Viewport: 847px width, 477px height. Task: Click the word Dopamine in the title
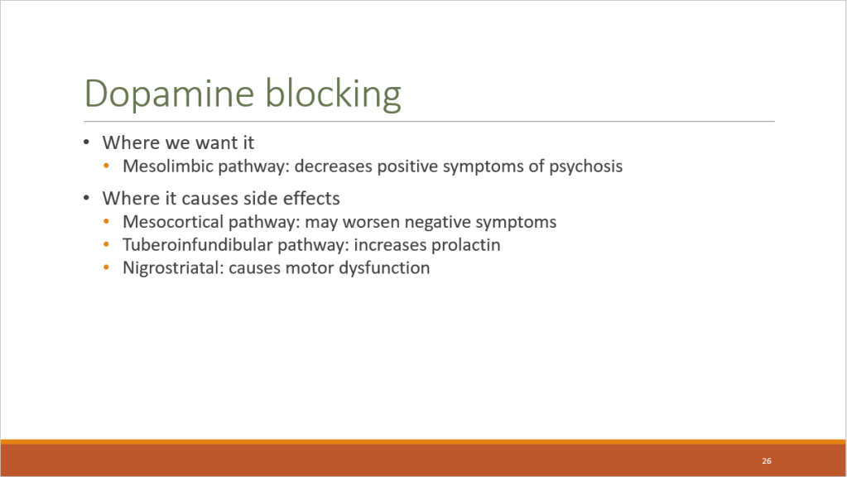coord(169,94)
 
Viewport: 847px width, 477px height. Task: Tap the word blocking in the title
coord(334,94)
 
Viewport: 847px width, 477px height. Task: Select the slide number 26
coord(767,460)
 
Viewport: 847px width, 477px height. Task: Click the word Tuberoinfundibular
coord(197,245)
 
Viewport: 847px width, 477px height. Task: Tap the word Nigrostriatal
coord(173,268)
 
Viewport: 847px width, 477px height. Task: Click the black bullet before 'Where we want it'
coord(86,142)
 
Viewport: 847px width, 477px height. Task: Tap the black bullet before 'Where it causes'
coord(86,198)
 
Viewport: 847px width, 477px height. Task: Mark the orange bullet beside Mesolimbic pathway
coord(107,166)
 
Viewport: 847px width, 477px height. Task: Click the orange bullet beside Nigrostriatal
coord(107,267)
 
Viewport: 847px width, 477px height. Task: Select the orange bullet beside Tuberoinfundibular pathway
coord(107,245)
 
